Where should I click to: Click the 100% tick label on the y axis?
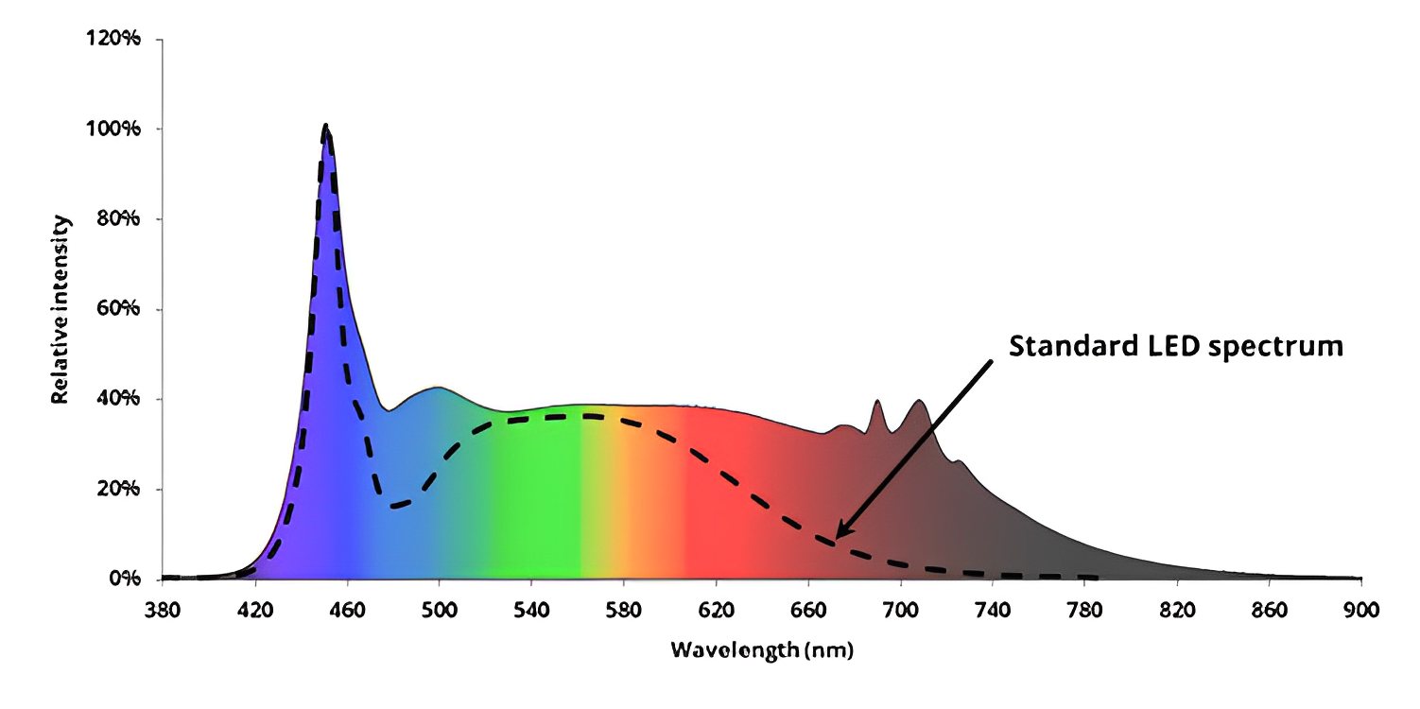(121, 129)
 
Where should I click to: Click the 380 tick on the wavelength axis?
(163, 611)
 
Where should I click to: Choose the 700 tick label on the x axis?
(901, 611)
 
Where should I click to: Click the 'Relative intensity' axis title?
(59, 309)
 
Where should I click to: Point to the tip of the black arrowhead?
(836, 539)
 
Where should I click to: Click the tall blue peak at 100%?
(326, 127)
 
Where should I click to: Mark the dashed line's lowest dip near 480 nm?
(396, 506)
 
